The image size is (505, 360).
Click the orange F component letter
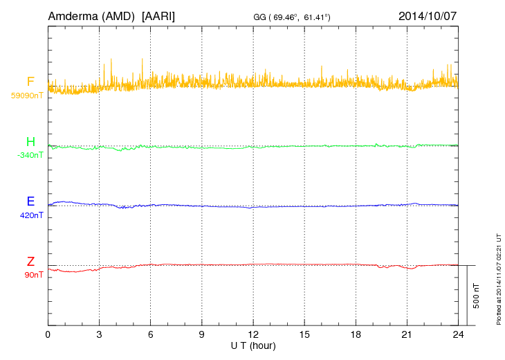(30, 82)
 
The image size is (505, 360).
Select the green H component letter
(30, 143)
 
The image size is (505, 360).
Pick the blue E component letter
(30, 202)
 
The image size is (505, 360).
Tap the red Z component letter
(30, 262)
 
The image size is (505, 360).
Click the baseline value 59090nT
(27, 96)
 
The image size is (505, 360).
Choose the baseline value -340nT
(30, 155)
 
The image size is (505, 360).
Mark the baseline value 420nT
(32, 215)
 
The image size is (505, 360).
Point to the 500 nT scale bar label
(477, 296)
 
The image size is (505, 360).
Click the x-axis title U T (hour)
(253, 345)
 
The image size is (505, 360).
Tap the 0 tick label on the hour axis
(48, 334)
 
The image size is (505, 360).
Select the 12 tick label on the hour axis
(253, 334)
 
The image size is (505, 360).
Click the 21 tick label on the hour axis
(407, 334)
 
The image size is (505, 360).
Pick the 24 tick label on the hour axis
(458, 334)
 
